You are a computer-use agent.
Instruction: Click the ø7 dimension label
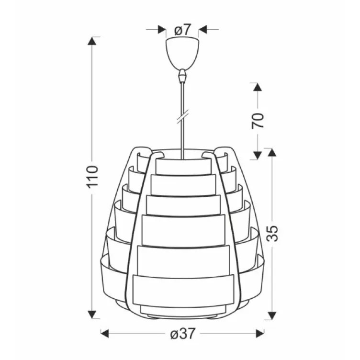tap(182, 30)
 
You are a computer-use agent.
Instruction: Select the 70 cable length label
tap(258, 120)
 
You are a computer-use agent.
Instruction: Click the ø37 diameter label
tap(182, 334)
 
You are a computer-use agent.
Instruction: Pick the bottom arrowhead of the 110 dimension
tap(93, 314)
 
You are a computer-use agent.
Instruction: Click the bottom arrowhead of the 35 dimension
tap(271, 314)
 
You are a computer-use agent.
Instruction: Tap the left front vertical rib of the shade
tap(139, 230)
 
